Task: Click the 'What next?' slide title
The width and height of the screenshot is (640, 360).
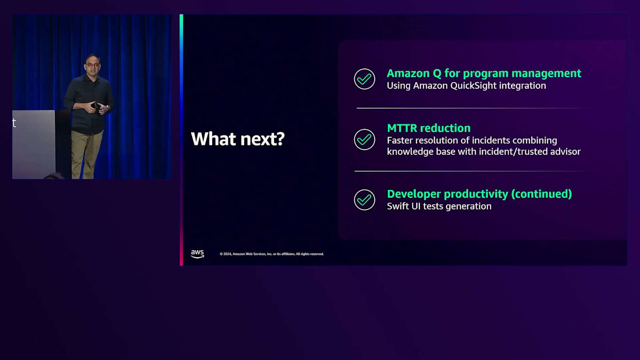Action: click(238, 139)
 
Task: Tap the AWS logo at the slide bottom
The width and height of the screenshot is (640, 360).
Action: click(197, 254)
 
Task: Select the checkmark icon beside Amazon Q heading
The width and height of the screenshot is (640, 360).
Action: click(364, 79)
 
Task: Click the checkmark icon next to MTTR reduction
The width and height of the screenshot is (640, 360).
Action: click(364, 139)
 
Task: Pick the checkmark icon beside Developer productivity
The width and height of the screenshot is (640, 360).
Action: click(364, 200)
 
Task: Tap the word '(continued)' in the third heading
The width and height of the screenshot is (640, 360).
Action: click(541, 194)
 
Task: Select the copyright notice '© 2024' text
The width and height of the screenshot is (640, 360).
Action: click(226, 254)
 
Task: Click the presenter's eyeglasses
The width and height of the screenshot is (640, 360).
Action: click(92, 66)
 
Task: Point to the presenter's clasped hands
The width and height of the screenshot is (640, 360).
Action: click(96, 107)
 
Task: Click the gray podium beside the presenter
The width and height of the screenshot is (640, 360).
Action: click(34, 145)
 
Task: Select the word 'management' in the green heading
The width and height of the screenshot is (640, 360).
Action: click(546, 74)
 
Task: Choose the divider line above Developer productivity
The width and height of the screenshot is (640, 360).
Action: click(471, 171)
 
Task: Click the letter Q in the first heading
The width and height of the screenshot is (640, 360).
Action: click(437, 74)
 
